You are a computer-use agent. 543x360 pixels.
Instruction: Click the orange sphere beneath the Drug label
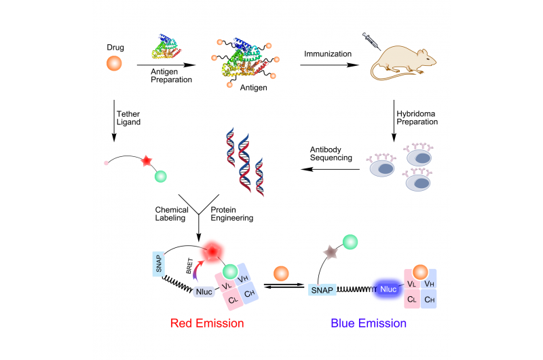114,65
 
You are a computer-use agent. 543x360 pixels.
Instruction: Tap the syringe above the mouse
371,40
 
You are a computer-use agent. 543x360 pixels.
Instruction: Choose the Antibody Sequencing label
327,153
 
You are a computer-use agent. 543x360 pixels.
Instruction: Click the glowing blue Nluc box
387,289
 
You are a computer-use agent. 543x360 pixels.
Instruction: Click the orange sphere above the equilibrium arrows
281,273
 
